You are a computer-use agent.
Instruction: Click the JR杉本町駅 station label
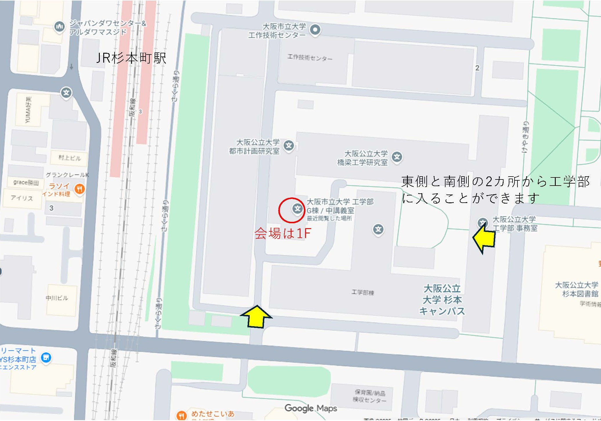131,58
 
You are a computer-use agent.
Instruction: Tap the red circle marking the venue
291,210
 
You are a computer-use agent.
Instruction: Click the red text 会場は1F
283,233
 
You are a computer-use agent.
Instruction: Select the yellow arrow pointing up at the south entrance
256,316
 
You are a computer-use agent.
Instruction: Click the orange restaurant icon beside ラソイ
79,189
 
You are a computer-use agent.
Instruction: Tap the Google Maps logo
311,408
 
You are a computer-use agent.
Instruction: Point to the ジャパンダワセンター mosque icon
59,27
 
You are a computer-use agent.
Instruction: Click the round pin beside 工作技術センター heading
315,30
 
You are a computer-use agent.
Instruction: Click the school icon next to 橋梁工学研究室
397,157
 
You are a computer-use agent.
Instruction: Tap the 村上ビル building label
69,158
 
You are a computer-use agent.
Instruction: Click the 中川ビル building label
57,298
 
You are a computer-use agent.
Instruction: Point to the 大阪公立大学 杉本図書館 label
577,289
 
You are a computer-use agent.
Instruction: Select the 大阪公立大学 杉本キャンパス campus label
442,300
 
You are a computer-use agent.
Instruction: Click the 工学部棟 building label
363,292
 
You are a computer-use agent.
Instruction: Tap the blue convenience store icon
46,358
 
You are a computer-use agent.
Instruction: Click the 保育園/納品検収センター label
370,396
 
